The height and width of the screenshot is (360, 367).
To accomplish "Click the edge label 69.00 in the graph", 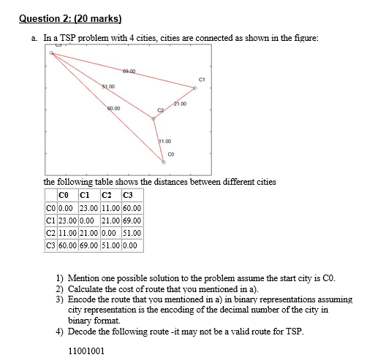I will (129, 71).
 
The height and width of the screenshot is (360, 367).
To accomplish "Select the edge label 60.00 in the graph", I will (113, 107).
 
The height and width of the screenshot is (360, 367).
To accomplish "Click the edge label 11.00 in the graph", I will (164, 139).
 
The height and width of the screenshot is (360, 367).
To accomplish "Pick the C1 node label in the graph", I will (201, 78).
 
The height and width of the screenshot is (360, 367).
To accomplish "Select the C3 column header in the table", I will (129, 195).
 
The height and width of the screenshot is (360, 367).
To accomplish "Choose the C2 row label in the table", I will (50, 233).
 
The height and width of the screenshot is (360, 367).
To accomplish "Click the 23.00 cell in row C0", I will (89, 208).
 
